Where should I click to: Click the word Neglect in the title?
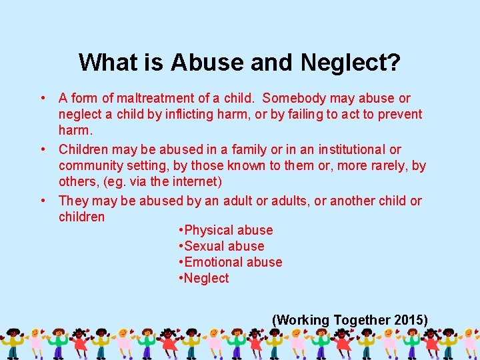coord(351,63)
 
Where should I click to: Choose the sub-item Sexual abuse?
coord(225,247)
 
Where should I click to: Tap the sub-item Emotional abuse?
coord(233,263)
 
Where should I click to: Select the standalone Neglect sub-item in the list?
coord(207,279)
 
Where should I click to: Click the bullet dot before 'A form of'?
coord(43,99)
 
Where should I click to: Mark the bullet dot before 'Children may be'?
coord(43,150)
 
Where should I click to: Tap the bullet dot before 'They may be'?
coord(43,201)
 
